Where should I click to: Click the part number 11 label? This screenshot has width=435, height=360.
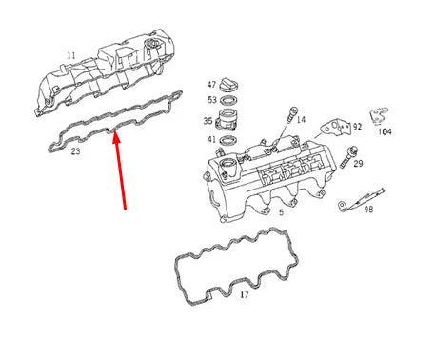(x=69, y=56)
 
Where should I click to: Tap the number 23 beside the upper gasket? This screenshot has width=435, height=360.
(x=75, y=151)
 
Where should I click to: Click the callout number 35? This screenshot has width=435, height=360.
(x=208, y=122)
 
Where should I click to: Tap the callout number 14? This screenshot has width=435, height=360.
(x=301, y=121)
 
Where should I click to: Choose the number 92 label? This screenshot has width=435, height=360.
(x=358, y=125)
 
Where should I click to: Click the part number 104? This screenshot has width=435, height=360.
(x=386, y=133)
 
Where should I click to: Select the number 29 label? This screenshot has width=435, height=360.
(x=358, y=165)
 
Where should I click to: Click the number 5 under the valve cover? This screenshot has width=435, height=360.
(x=281, y=212)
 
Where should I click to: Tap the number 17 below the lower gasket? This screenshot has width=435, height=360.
(x=244, y=295)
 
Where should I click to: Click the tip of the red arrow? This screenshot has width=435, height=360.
(x=115, y=134)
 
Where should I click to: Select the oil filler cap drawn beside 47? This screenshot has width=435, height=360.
(x=231, y=84)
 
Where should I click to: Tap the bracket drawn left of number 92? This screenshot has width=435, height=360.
(x=334, y=125)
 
